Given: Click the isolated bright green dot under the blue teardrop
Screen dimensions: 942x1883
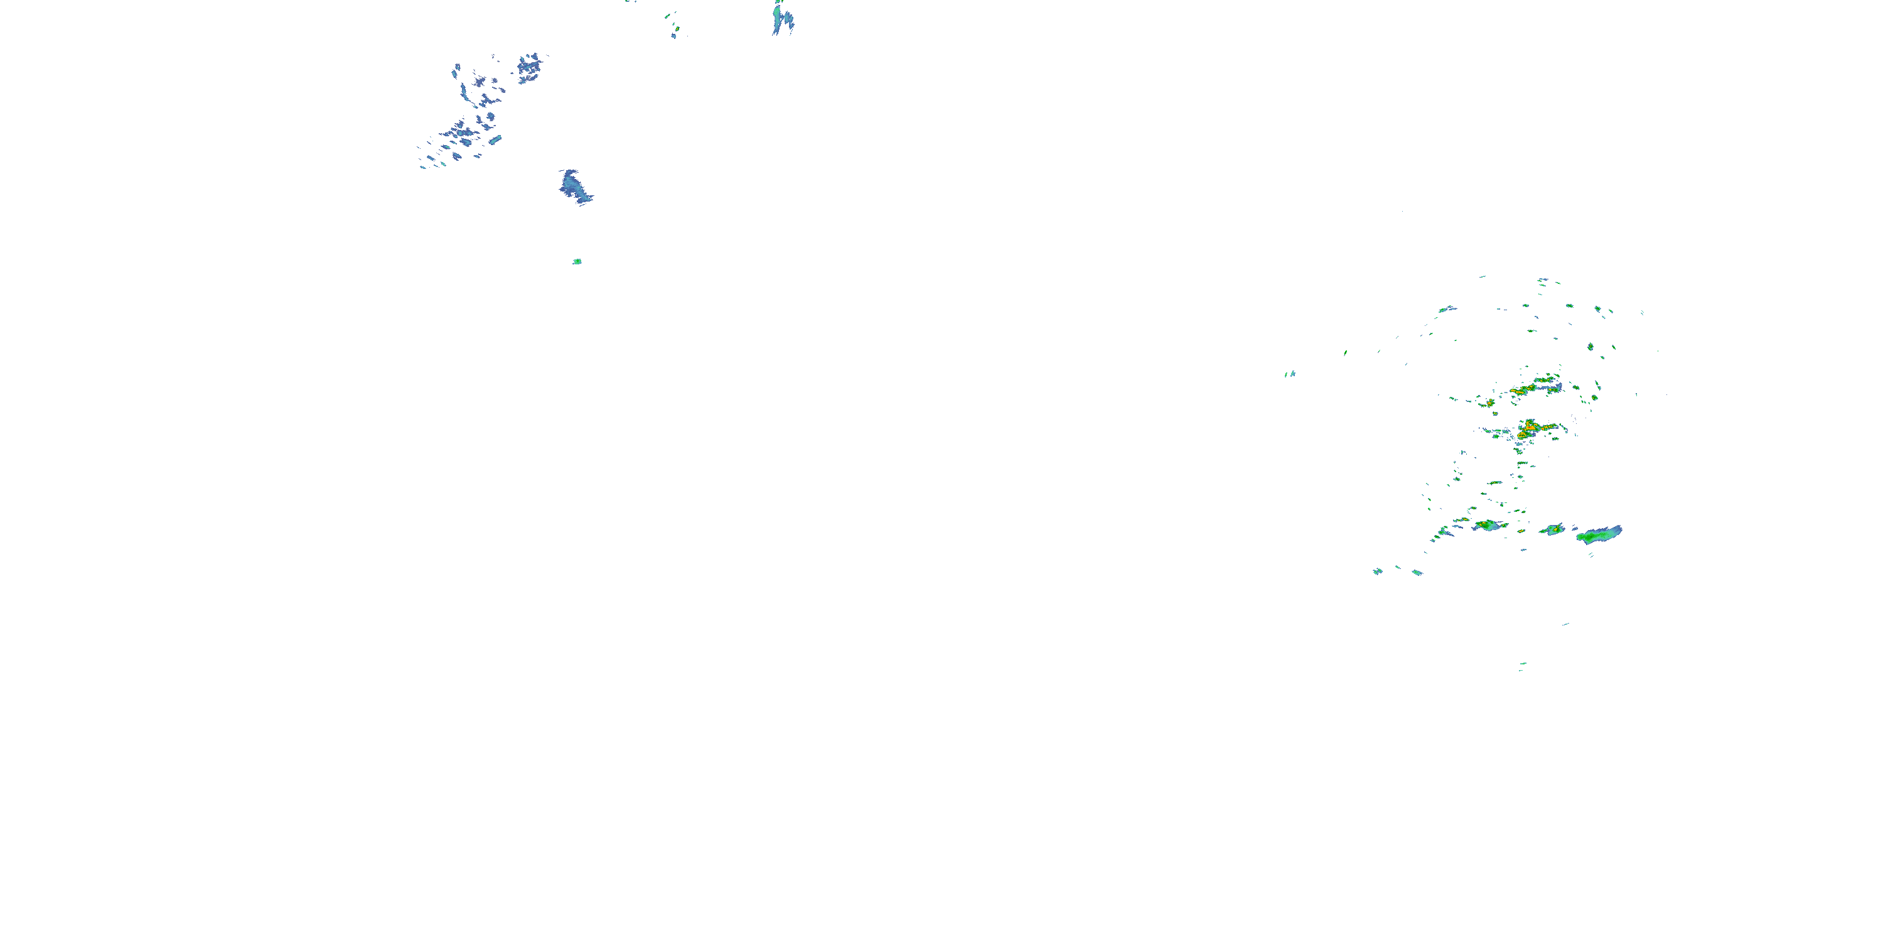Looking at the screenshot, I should pyautogui.click(x=577, y=261).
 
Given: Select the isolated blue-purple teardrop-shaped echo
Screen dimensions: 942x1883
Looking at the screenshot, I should pyautogui.click(x=574, y=186).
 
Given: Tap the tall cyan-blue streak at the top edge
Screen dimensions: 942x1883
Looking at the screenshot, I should pyautogui.click(x=782, y=18).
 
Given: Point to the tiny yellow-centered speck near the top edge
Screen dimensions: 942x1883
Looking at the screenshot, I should pyautogui.click(x=676, y=30).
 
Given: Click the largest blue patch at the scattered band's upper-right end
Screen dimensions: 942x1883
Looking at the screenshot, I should pyautogui.click(x=530, y=67).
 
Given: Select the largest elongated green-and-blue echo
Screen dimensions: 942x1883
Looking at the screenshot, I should pyautogui.click(x=1600, y=534).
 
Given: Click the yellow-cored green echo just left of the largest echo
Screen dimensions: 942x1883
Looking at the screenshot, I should pyautogui.click(x=1553, y=529).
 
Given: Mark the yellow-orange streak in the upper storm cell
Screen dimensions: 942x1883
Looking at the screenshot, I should pyautogui.click(x=1522, y=391).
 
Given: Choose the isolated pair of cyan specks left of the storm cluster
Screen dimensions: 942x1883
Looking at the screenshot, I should pyautogui.click(x=1290, y=374).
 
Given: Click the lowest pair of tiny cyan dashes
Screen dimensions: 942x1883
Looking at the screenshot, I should pyautogui.click(x=1522, y=666).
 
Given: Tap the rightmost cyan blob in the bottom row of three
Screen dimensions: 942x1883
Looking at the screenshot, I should pyautogui.click(x=1417, y=572).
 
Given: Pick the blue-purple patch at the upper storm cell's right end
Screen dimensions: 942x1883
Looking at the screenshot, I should pyautogui.click(x=1557, y=387).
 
